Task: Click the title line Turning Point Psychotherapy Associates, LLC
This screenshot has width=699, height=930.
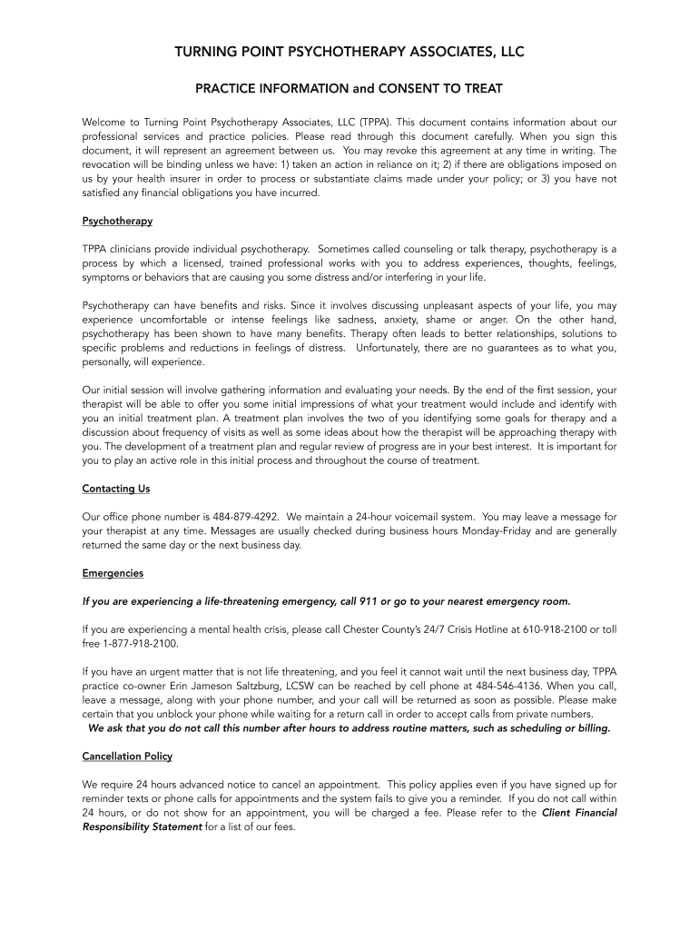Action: (349, 53)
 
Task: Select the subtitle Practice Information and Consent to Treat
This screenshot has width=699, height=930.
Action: (349, 89)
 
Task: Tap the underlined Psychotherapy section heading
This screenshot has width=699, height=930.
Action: (117, 221)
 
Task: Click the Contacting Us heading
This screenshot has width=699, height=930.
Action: (116, 489)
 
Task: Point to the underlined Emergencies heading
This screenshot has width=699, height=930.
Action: (113, 574)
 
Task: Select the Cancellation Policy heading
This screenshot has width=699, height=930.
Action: (127, 757)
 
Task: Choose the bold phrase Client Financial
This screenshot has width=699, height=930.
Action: (579, 813)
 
